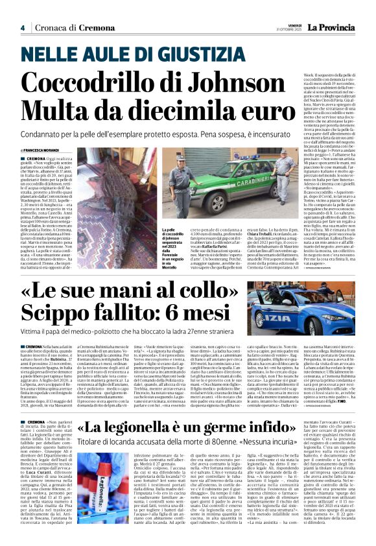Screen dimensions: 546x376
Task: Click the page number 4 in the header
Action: pos(22,27)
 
